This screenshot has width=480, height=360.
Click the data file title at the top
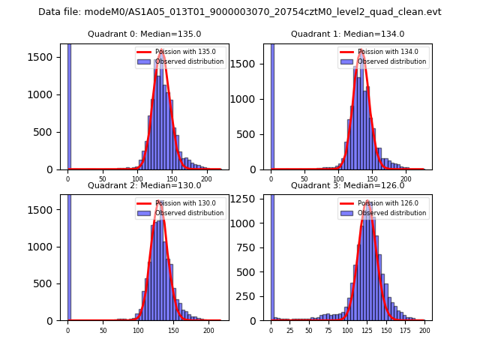click(x=240, y=12)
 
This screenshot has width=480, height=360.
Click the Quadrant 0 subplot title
click(x=144, y=34)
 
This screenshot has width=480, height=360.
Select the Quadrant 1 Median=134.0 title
click(x=347, y=34)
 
